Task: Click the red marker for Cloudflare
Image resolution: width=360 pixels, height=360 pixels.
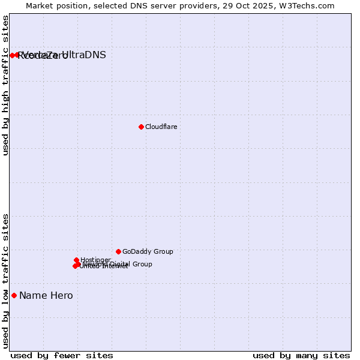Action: pyautogui.click(x=141, y=127)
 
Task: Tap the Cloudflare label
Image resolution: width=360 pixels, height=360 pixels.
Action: pyautogui.click(x=161, y=127)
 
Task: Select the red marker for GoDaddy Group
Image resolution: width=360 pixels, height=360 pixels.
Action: pyautogui.click(x=118, y=251)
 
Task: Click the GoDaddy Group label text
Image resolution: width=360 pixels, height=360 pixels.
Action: pyautogui.click(x=148, y=252)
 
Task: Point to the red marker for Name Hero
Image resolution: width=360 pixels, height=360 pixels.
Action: pyautogui.click(x=14, y=295)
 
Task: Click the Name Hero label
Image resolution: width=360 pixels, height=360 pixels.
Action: pyautogui.click(x=46, y=295)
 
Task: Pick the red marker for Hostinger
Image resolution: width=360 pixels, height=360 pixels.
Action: pyautogui.click(x=77, y=260)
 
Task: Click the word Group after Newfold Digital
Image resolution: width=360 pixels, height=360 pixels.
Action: pyautogui.click(x=142, y=264)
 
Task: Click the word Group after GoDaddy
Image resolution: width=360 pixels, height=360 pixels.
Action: pyautogui.click(x=163, y=252)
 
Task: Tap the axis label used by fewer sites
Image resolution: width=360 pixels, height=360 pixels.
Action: pyautogui.click(x=62, y=355)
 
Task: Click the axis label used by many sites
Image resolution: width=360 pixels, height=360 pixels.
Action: pyautogui.click(x=301, y=355)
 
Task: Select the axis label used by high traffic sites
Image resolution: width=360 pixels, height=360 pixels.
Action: pyautogui.click(x=6, y=86)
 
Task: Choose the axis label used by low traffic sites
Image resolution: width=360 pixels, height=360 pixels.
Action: pyautogui.click(x=6, y=281)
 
